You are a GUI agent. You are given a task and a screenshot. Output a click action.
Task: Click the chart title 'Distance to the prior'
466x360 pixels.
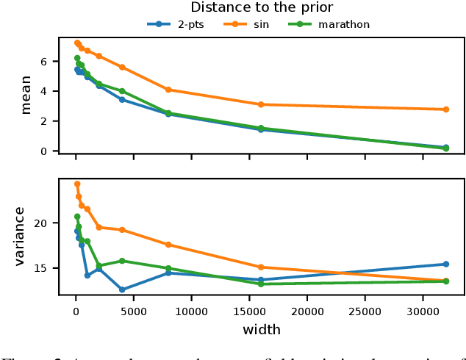click(262, 8)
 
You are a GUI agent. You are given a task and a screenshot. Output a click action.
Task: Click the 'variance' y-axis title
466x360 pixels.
click(20, 236)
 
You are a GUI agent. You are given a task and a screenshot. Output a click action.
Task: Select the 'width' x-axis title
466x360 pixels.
click(262, 330)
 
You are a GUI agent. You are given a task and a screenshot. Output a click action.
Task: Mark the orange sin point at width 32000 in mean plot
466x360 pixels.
click(446, 109)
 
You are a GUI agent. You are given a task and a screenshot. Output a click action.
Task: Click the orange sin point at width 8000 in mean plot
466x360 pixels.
click(168, 90)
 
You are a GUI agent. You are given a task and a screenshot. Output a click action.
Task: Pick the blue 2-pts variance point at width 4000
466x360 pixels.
click(122, 289)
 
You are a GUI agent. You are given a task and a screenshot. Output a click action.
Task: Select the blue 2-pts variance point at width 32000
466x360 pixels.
click(446, 264)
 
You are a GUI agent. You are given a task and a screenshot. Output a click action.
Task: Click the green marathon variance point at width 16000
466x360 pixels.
click(261, 284)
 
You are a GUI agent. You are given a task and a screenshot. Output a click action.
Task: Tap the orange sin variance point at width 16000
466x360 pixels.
click(261, 267)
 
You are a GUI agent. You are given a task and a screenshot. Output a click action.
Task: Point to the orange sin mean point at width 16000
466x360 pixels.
click(261, 104)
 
